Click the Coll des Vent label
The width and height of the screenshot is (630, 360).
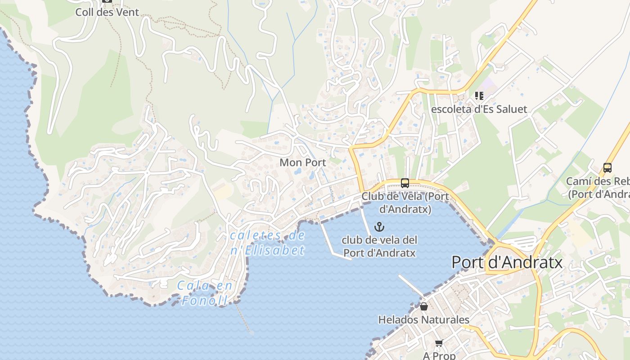click(x=107, y=12)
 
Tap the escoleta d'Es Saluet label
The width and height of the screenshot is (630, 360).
click(x=479, y=109)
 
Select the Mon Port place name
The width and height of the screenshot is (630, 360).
click(x=303, y=162)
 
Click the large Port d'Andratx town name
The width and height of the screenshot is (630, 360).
click(x=507, y=262)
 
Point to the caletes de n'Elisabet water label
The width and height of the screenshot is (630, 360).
click(x=268, y=243)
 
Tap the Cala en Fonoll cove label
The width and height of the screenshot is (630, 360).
click(x=205, y=293)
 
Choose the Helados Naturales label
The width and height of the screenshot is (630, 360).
click(x=423, y=320)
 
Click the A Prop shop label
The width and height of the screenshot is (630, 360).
click(x=439, y=355)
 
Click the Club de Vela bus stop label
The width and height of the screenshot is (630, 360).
click(x=405, y=202)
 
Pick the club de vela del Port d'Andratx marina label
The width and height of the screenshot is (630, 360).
click(x=379, y=246)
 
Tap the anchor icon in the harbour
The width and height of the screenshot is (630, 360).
click(x=379, y=226)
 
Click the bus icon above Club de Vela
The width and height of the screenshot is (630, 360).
click(x=405, y=183)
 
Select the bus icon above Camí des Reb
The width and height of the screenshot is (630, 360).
click(x=607, y=168)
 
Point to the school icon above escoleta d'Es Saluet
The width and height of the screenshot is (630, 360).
click(x=479, y=96)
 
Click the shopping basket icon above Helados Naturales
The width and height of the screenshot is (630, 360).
click(x=423, y=306)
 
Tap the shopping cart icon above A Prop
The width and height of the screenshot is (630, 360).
click(x=439, y=343)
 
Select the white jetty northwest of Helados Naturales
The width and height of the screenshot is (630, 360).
click(x=410, y=286)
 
